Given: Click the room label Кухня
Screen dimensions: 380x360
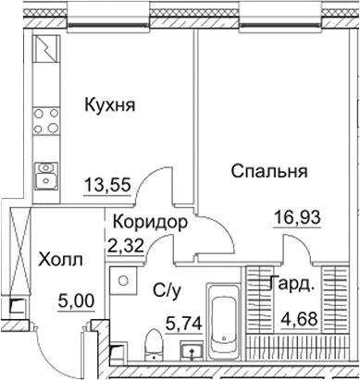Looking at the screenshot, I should point(109,105).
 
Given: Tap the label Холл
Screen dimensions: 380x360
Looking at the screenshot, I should point(62,261).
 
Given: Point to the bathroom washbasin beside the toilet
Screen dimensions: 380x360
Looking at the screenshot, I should point(192,353).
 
